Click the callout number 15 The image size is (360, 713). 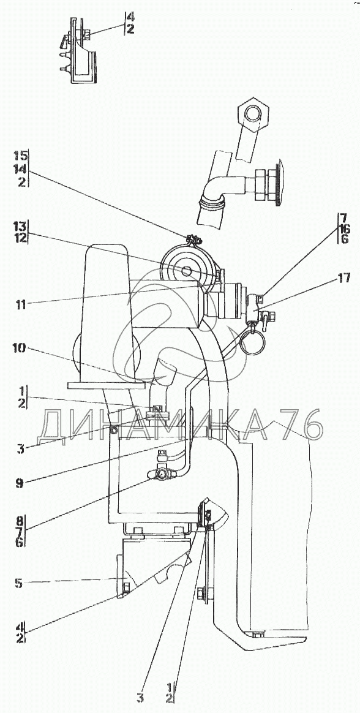pos(20,158)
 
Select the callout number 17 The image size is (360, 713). pos(344,278)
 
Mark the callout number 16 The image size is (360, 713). pos(343,230)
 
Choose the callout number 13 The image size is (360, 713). pos(20,226)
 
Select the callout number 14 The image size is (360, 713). pos(20,171)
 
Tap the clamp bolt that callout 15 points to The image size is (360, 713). pos(191,240)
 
